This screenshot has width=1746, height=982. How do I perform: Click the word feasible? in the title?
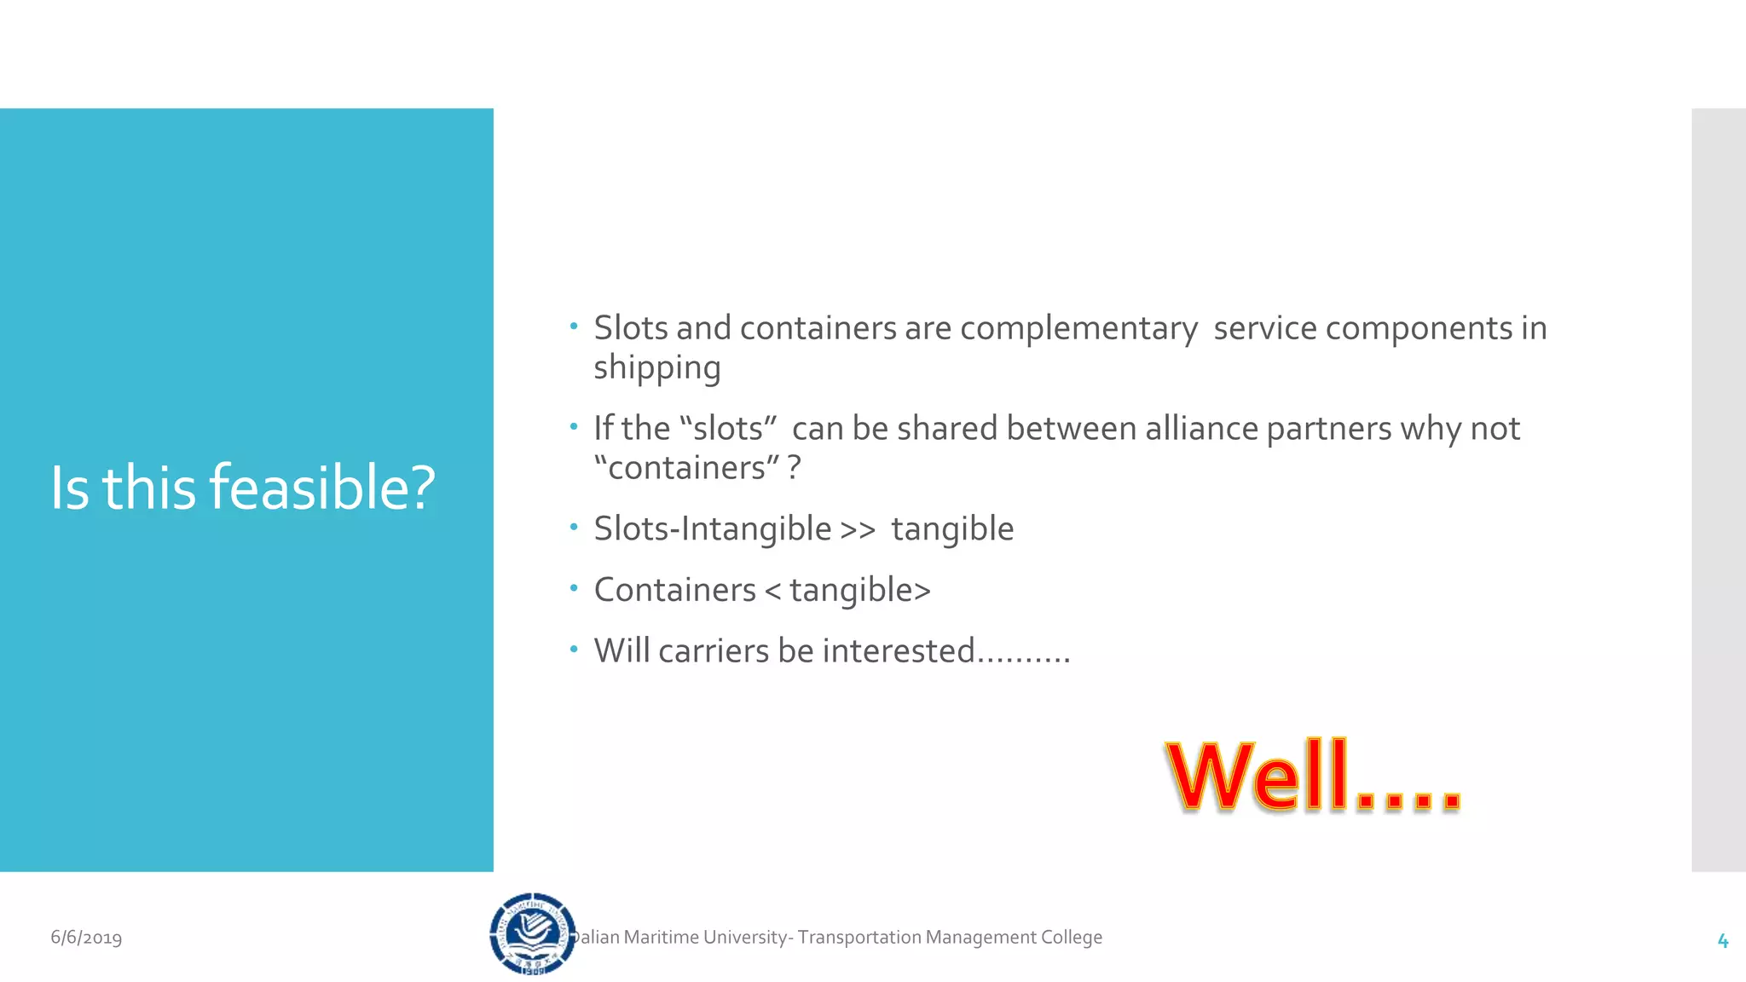322,488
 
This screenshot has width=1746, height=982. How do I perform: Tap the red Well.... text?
1313,776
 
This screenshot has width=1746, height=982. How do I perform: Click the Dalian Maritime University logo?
533,933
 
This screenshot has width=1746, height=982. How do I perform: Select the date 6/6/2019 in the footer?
86,938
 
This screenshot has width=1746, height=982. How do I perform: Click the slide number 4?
1722,940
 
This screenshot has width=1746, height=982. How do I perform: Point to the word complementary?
1078,328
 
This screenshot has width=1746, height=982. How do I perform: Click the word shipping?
657,368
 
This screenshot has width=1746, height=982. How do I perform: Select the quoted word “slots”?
728,429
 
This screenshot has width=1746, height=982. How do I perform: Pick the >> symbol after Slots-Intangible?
858,529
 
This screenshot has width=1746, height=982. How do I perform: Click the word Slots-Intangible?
713,529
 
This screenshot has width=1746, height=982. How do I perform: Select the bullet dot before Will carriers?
574,650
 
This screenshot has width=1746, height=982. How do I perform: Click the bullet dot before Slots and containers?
574,326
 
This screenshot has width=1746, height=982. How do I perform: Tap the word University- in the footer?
749,938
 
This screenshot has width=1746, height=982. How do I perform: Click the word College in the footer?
1071,938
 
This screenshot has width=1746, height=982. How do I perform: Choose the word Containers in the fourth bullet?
675,590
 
